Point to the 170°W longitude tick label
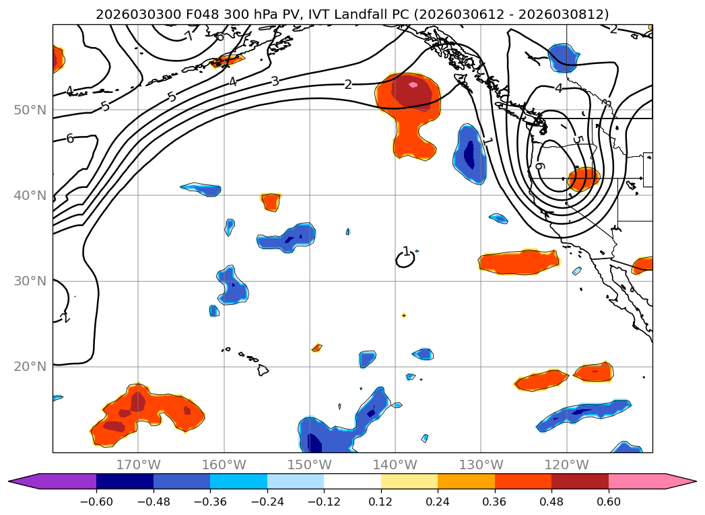(139, 465)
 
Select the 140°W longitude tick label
(395, 465)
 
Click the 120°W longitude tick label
(566, 465)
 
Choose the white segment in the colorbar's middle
(352, 481)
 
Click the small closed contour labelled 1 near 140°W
(405, 259)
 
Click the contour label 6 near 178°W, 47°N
(69, 138)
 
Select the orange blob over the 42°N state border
(583, 179)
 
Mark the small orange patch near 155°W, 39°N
(271, 201)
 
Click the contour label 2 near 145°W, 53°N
(347, 84)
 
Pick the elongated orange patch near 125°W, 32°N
(519, 262)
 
